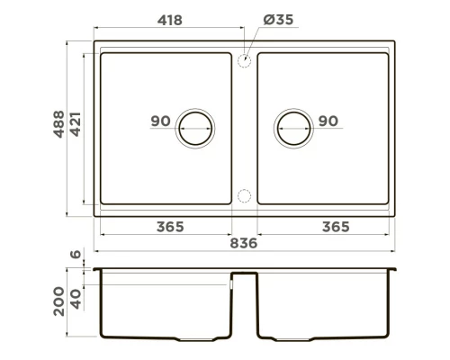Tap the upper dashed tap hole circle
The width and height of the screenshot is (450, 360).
244,60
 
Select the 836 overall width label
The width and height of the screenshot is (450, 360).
245,244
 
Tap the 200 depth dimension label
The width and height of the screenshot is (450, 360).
58,301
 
